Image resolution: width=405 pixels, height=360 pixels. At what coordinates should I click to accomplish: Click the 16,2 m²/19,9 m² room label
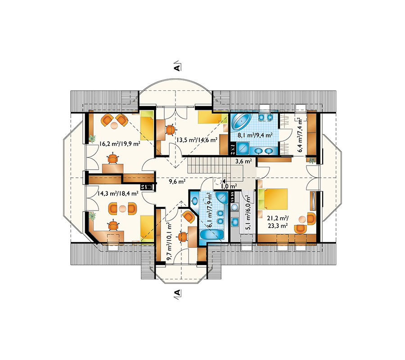(x=120, y=144)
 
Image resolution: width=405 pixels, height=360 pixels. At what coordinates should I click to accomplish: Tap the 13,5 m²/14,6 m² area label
(x=197, y=139)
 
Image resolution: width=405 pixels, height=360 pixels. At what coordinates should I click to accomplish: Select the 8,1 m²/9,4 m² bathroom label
(x=255, y=135)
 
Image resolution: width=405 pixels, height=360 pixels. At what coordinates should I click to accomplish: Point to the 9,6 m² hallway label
(x=177, y=181)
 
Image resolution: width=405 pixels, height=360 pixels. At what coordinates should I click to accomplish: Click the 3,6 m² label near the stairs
(x=243, y=162)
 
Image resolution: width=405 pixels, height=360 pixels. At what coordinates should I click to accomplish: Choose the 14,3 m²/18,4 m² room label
(x=117, y=193)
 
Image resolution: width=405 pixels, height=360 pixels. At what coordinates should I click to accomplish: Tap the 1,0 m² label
(x=229, y=186)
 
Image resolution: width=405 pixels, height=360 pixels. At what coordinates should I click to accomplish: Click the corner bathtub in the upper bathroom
(x=241, y=122)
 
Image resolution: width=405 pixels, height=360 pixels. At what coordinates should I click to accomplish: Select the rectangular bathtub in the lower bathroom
(x=212, y=235)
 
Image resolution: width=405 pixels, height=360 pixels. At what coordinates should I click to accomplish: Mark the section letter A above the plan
(x=177, y=67)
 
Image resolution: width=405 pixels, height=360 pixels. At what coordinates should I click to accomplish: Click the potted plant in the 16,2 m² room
(x=92, y=139)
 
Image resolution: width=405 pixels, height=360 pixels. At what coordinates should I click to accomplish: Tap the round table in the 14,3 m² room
(x=122, y=208)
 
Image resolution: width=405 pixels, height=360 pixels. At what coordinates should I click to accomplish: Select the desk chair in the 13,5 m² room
(x=170, y=130)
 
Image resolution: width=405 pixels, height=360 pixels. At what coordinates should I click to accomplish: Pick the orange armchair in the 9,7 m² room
(x=189, y=216)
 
